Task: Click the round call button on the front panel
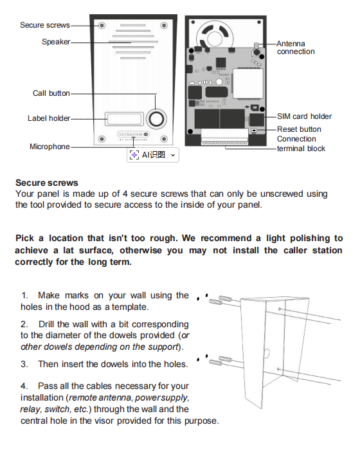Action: coord(156,119)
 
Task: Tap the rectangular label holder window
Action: coord(124,119)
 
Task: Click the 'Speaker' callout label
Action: coord(56,42)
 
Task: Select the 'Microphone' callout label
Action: coord(50,147)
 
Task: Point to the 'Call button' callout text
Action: coord(51,93)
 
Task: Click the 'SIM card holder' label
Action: coord(304,116)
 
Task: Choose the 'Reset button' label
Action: coord(299,129)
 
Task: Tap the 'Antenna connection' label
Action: coord(295,48)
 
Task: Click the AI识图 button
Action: coord(153,155)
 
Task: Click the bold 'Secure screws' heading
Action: coord(47,183)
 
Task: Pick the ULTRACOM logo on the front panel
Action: coord(133,134)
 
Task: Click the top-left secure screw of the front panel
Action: coord(102,26)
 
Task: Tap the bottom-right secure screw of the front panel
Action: coord(164,139)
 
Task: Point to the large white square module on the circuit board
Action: coord(248,84)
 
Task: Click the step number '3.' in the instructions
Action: coord(24,365)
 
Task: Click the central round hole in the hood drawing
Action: coord(266,353)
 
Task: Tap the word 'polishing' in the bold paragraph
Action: coord(309,239)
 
